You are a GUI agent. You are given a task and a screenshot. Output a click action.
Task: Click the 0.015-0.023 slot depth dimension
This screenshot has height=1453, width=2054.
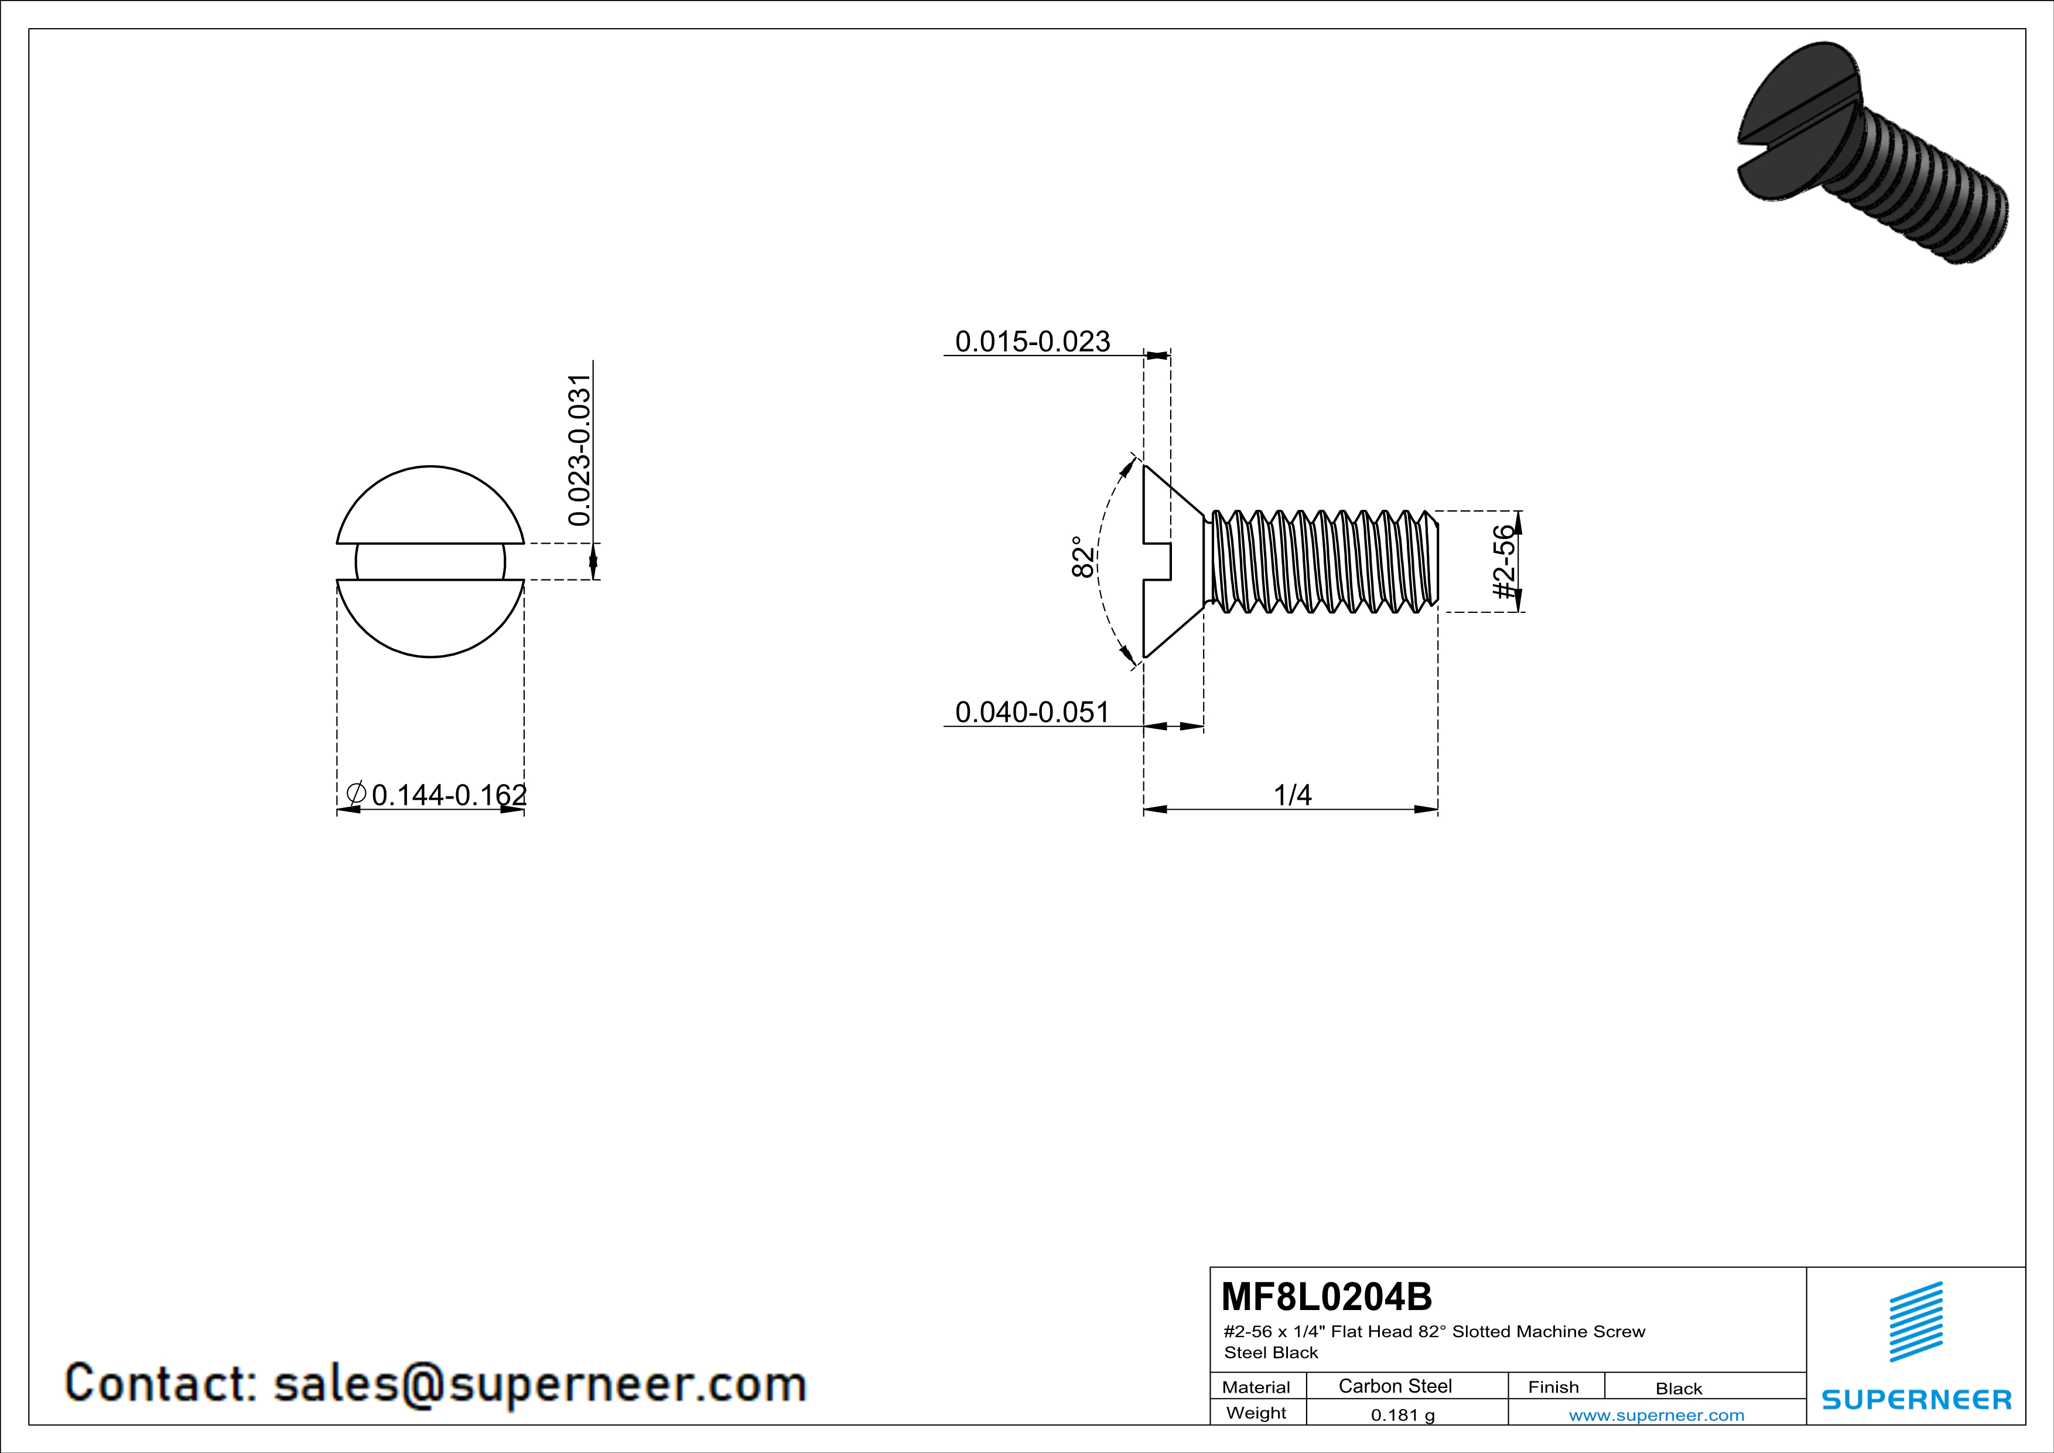point(1033,342)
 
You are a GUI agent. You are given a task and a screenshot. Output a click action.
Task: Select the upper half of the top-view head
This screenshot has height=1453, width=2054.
point(430,506)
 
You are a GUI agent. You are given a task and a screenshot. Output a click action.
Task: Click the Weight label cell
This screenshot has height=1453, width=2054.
point(1256,1413)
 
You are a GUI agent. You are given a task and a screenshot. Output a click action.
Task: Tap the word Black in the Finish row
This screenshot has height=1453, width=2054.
point(1678,1389)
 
